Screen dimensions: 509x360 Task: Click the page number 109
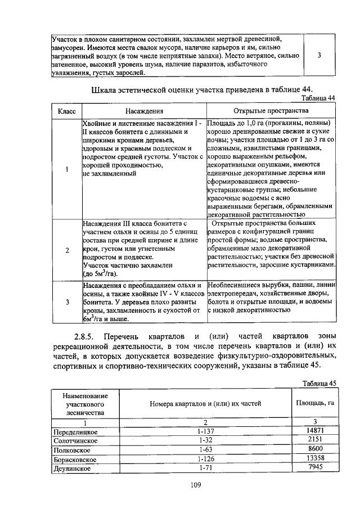pyautogui.click(x=180, y=485)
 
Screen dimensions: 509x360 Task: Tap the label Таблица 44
pyautogui.click(x=318, y=98)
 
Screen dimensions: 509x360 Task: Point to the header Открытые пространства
pyautogui.click(x=271, y=111)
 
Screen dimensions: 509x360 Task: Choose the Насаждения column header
pyautogui.click(x=144, y=111)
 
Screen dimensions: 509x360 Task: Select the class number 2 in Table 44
pyautogui.click(x=67, y=250)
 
